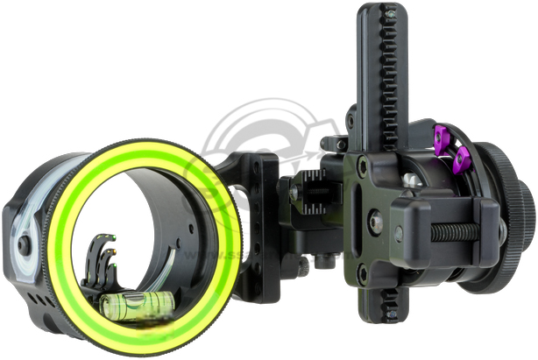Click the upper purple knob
pos(443,138)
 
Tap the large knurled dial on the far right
pos(517,210)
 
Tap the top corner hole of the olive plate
pos(361,163)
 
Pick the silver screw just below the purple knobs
pos(410,180)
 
